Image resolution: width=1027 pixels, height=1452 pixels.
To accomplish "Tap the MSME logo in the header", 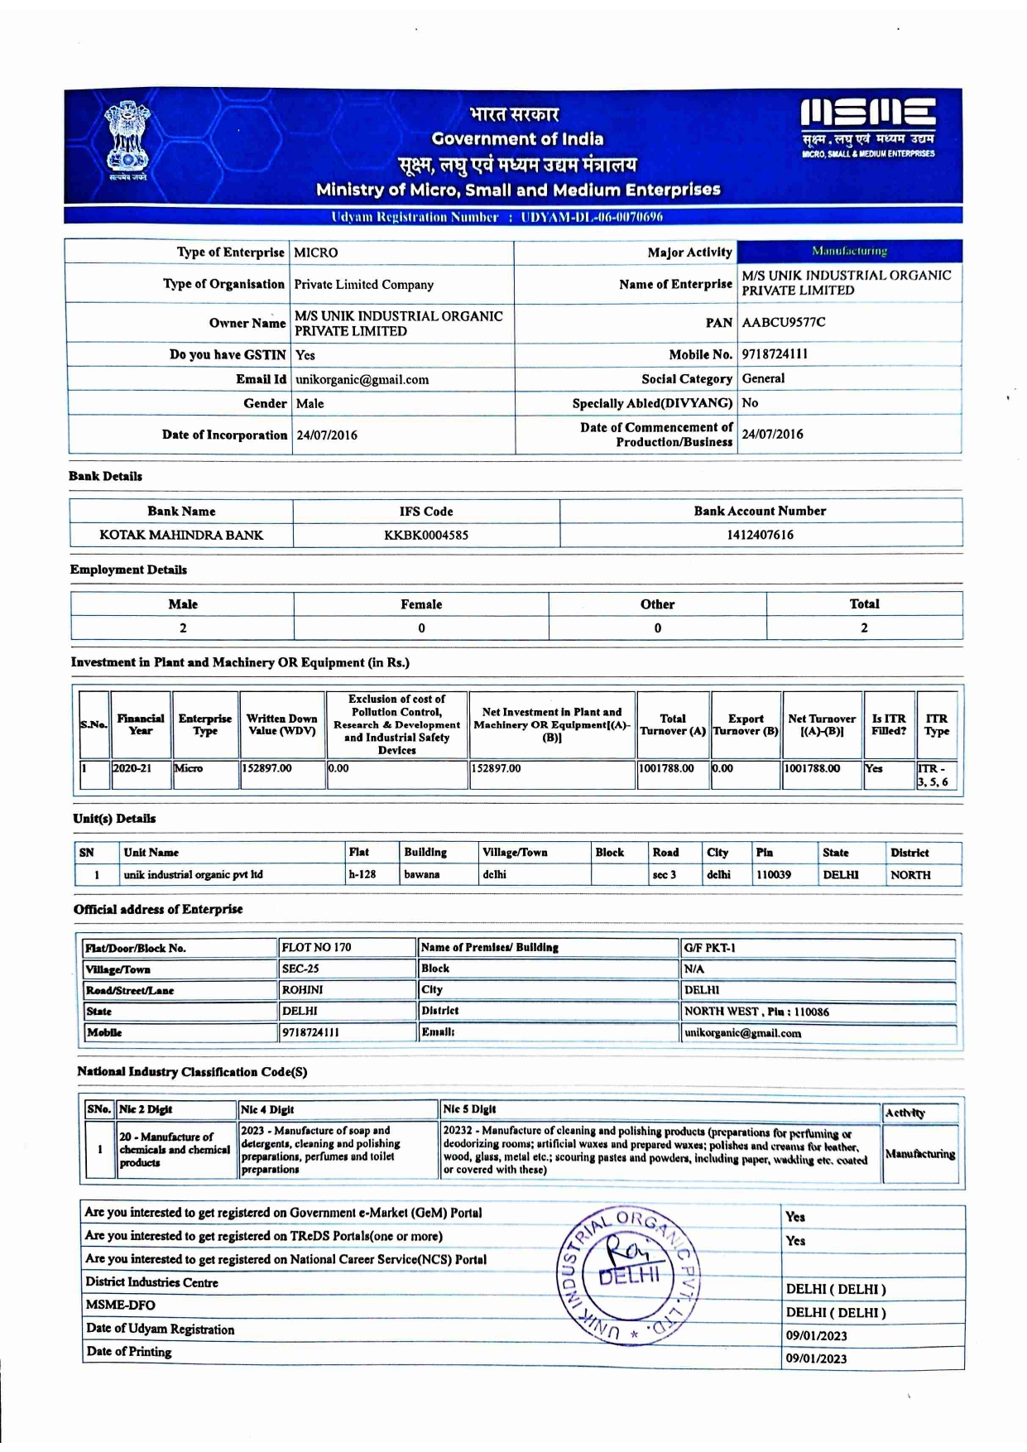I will tap(868, 127).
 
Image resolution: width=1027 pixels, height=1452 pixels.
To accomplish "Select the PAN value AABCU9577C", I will tap(783, 322).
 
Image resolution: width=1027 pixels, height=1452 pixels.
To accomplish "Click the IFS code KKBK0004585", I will tap(426, 535).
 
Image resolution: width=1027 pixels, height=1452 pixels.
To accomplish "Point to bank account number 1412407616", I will tap(760, 535).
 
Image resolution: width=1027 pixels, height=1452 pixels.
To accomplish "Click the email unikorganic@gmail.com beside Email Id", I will tap(362, 380).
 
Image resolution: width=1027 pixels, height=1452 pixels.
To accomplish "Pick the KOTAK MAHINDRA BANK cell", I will tap(181, 535).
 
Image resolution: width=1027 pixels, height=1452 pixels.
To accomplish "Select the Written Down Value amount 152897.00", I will tap(266, 768).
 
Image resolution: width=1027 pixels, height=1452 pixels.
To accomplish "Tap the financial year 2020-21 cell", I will tap(132, 768).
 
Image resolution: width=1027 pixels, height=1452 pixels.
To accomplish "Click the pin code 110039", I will tap(773, 875).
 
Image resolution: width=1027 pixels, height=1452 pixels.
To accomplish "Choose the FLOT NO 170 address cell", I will tap(316, 947).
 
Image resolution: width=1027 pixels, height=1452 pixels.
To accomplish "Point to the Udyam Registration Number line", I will tap(497, 217).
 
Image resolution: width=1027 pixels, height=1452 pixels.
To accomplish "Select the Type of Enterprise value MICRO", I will tap(316, 252).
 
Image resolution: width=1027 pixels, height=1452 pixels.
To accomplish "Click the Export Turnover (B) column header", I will tap(746, 724).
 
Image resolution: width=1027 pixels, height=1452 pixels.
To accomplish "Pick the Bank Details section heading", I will tap(105, 476).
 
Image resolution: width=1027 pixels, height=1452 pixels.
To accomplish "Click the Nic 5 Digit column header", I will tap(470, 1109).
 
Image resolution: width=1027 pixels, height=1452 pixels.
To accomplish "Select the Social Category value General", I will tap(763, 378).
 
